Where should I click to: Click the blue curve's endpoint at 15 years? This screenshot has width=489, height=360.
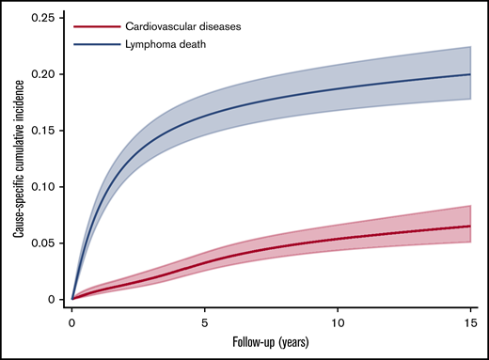470,74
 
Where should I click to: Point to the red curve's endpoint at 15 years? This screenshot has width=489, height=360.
470,227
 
